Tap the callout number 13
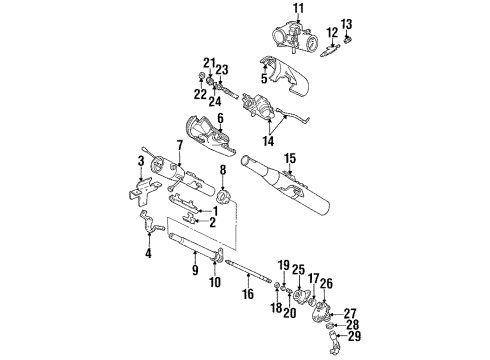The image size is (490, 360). coord(347,23)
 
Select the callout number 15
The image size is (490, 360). coord(290,157)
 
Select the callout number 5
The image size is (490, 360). coord(265,78)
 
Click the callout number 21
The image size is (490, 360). coord(211,62)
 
